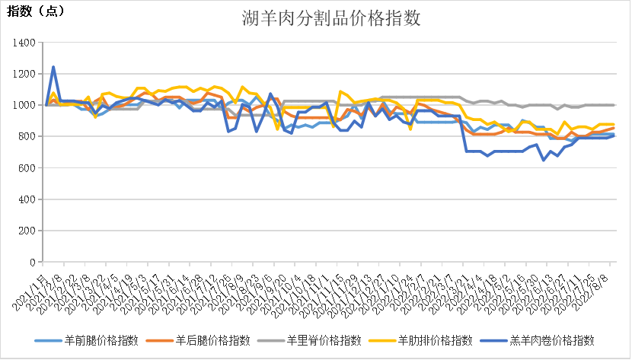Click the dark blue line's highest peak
click(53, 67)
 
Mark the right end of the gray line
click(614, 105)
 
